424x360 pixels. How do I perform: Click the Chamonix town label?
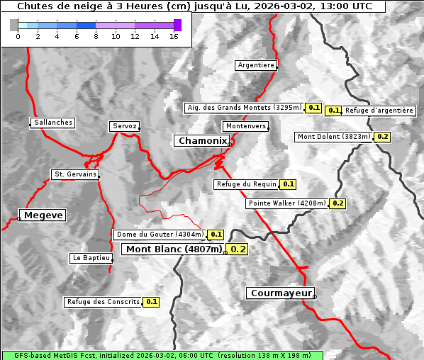(x=202, y=141)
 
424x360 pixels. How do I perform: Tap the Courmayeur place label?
(x=279, y=293)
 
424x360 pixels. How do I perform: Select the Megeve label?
(x=43, y=215)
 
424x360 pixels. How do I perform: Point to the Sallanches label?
(x=52, y=123)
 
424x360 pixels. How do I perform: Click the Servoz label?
(x=124, y=126)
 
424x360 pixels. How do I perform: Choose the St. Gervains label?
(x=74, y=174)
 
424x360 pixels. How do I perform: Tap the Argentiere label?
(x=256, y=65)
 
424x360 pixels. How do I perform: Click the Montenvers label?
(x=246, y=126)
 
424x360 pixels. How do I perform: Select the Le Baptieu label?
(x=91, y=258)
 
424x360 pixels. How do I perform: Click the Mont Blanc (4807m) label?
(x=174, y=249)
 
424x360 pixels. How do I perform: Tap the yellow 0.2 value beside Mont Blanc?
(x=238, y=249)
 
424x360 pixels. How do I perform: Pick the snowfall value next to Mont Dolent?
(x=382, y=137)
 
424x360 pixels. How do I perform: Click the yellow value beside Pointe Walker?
(x=337, y=203)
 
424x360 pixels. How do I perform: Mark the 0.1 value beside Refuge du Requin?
(x=288, y=184)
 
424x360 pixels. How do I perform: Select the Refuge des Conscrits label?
(x=103, y=302)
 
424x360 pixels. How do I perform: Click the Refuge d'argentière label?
(x=379, y=111)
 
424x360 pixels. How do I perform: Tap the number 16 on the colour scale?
(x=174, y=36)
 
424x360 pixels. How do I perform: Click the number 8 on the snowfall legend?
(x=96, y=36)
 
